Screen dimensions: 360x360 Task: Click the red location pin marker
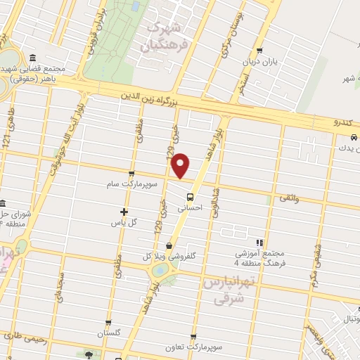pyautogui.click(x=181, y=165)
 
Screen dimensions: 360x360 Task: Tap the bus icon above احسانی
pyautogui.click(x=190, y=197)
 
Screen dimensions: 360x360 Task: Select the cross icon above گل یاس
pyautogui.click(x=124, y=211)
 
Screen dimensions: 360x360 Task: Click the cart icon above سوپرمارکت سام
pyautogui.click(x=131, y=173)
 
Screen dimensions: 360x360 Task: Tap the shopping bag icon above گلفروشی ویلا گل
pyautogui.click(x=169, y=245)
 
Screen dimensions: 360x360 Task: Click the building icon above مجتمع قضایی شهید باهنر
pyautogui.click(x=33, y=58)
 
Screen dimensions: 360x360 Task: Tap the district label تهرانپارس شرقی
pyautogui.click(x=226, y=290)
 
